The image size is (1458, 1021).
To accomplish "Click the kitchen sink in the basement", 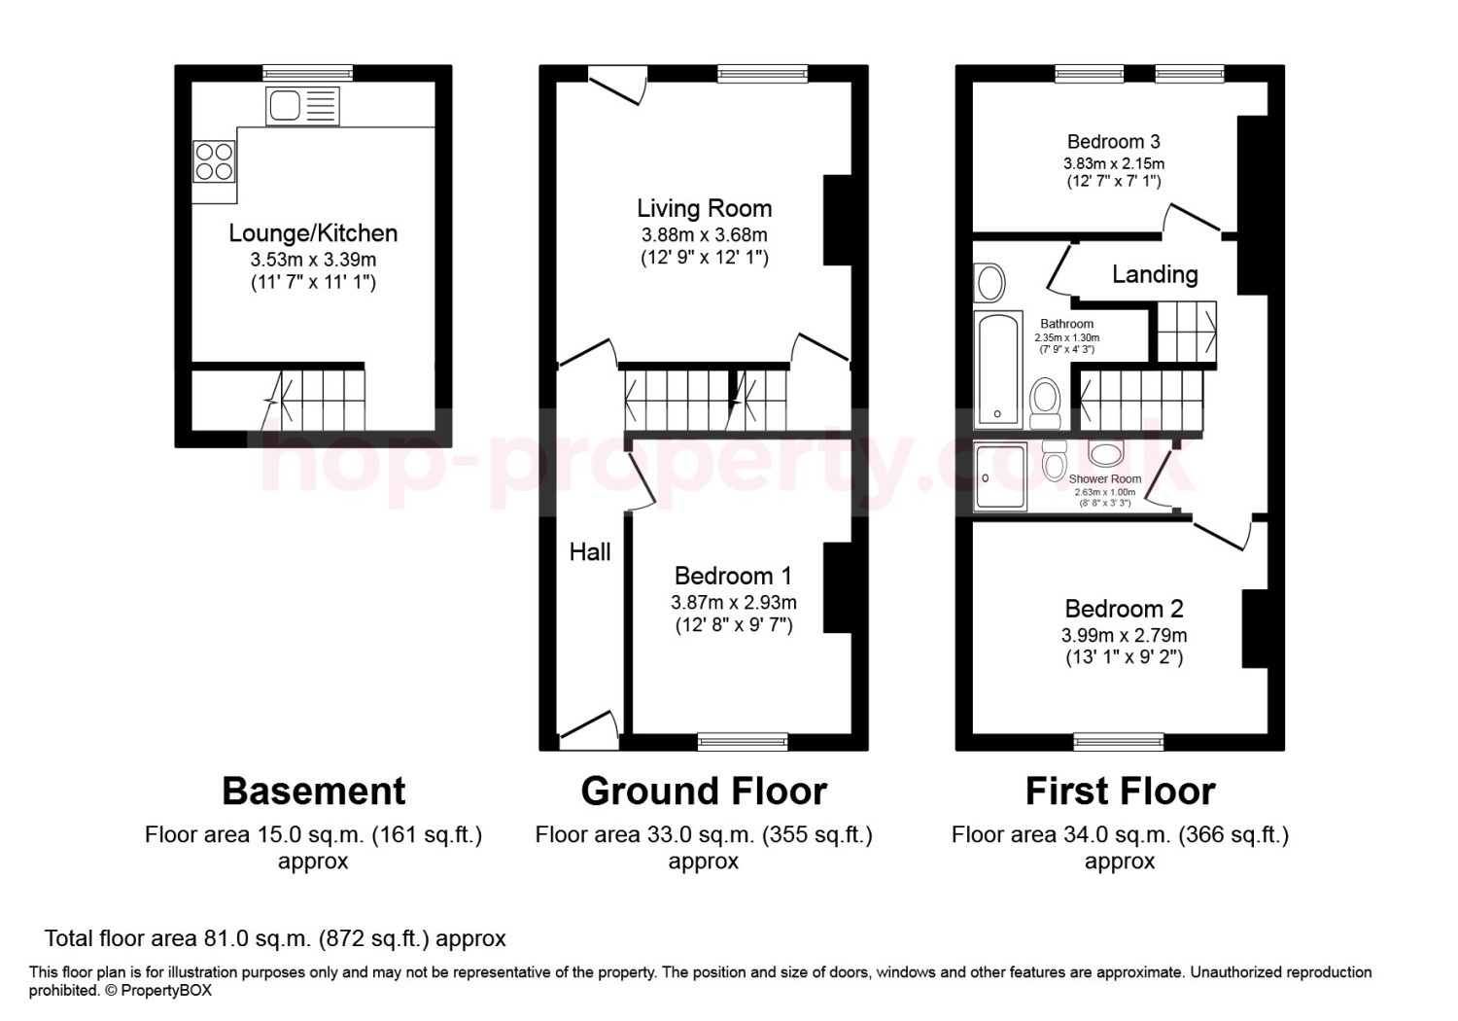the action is click(x=302, y=105).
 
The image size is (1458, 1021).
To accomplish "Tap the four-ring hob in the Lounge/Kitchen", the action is click(x=214, y=161).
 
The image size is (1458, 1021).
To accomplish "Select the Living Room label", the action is click(x=705, y=208).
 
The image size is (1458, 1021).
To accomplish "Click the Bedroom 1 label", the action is click(x=733, y=576).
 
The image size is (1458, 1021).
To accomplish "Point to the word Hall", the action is click(x=590, y=552).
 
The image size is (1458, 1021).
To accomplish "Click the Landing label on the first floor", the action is click(x=1155, y=274).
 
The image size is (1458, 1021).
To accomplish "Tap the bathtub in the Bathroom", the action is click(x=997, y=370).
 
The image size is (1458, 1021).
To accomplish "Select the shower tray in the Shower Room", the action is click(x=1000, y=476).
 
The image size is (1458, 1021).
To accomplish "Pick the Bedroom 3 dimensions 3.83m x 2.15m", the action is click(x=1114, y=163).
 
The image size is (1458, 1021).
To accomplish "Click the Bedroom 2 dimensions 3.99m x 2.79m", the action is click(x=1124, y=635).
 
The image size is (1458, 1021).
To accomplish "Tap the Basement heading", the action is click(x=314, y=792).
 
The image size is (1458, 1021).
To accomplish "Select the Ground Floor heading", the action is click(x=704, y=792).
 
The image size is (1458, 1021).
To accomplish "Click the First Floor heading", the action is click(x=1120, y=792).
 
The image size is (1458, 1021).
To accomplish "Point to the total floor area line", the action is click(x=275, y=938).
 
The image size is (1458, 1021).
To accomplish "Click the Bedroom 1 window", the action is click(x=742, y=741).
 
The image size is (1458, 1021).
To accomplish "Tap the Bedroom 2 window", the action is click(x=1118, y=741).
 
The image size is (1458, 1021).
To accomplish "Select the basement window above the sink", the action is click(x=308, y=73).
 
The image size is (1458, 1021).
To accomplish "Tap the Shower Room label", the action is click(x=1104, y=478).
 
